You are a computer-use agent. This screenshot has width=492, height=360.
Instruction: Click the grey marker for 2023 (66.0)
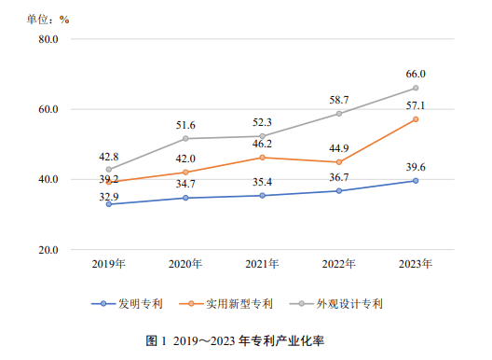pyautogui.click(x=416, y=89)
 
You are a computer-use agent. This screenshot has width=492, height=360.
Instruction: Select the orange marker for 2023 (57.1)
pyautogui.click(x=416, y=119)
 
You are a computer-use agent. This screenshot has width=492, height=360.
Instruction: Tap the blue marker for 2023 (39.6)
pyautogui.click(x=416, y=181)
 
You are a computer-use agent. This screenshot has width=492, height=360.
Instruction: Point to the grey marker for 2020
pyautogui.click(x=185, y=139)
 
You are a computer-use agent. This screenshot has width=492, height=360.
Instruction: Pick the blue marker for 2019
pyautogui.click(x=109, y=204)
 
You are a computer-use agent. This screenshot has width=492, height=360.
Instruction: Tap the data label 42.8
pyautogui.click(x=109, y=156)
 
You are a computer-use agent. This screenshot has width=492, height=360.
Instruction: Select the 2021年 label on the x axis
pyautogui.click(x=262, y=265)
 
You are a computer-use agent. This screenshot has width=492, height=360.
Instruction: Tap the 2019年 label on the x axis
pyautogui.click(x=109, y=265)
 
